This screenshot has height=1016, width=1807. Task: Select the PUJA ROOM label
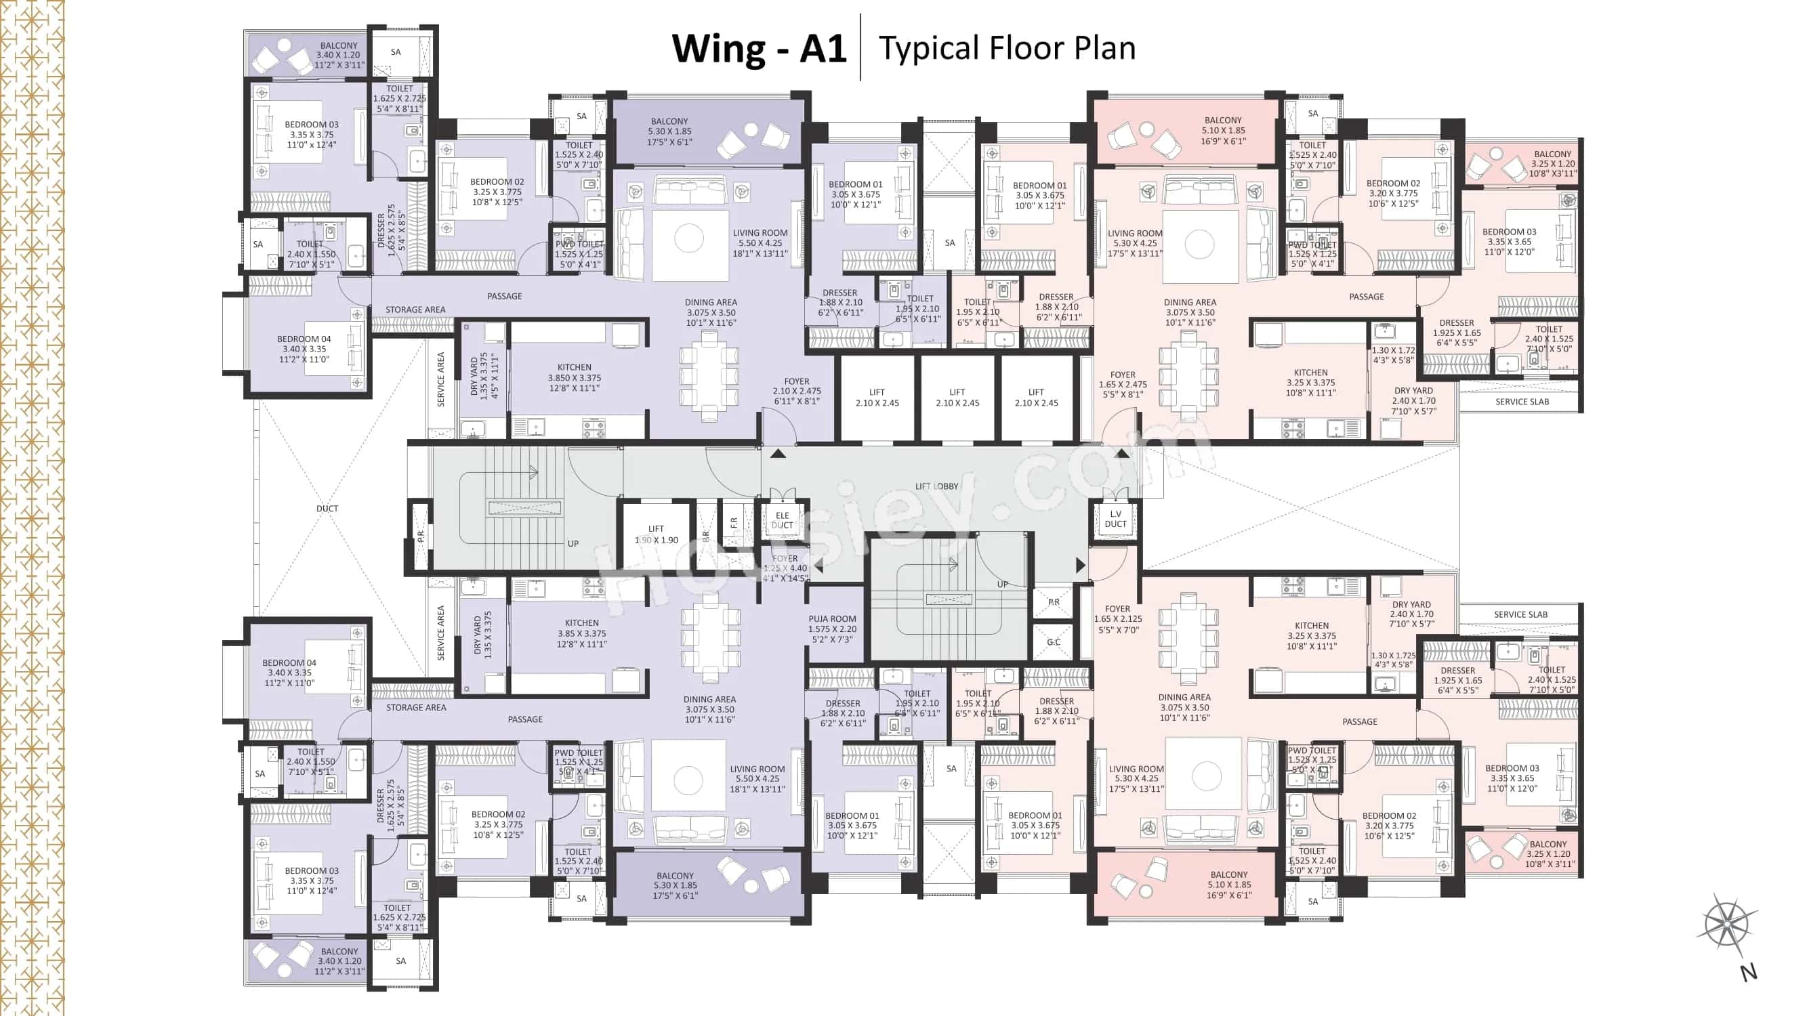point(832,619)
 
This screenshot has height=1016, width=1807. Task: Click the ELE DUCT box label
point(782,520)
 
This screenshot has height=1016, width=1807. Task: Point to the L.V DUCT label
point(1115,519)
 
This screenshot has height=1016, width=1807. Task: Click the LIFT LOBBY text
point(936,486)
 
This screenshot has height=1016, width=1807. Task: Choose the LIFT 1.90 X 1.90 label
point(657,534)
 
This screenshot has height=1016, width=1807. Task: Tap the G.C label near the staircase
point(1054,642)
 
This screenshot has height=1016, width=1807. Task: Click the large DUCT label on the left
point(327,509)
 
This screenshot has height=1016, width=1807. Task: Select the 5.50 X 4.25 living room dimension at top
point(760,243)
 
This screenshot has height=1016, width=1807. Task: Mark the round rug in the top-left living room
point(689,238)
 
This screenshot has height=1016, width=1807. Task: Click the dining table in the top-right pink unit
point(1188,376)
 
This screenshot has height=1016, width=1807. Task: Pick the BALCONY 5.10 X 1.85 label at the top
point(1223,131)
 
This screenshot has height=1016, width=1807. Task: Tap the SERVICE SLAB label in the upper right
point(1522,402)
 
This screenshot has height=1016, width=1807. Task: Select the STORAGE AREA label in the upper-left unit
point(415,310)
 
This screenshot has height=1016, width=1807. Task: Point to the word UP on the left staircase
point(573,543)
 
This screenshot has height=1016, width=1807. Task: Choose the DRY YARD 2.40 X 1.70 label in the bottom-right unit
point(1411,614)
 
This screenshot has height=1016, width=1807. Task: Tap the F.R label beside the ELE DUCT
point(734,523)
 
